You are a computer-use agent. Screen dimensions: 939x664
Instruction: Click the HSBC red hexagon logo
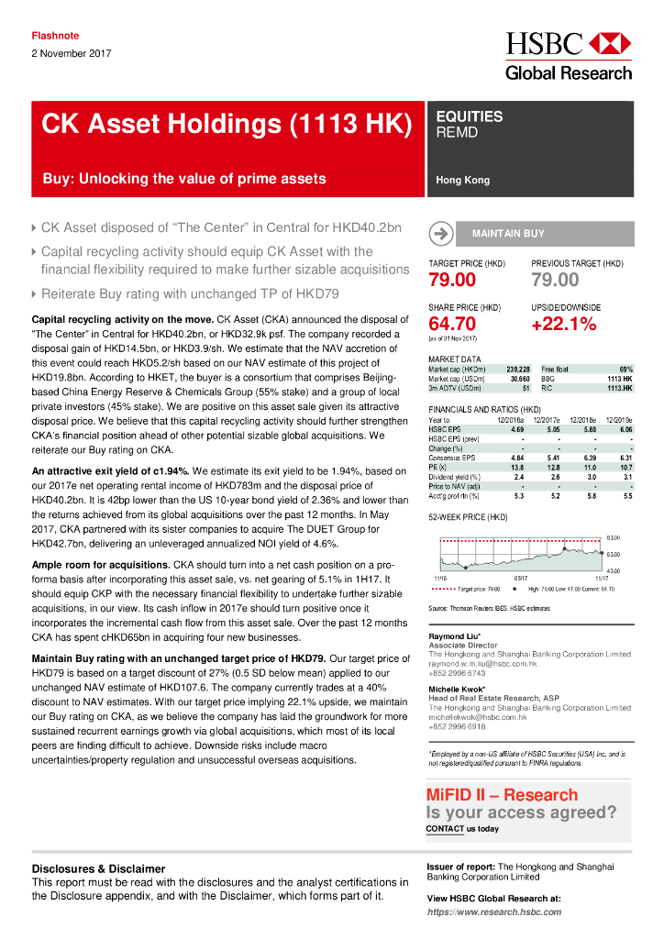[x=609, y=44]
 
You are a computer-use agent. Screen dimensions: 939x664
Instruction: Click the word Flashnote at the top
[x=55, y=36]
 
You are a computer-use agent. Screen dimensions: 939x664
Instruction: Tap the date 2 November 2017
[x=72, y=53]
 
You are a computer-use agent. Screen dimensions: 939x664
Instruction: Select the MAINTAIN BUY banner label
[x=508, y=234]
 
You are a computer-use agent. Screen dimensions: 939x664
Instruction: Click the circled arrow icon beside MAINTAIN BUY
[x=441, y=234]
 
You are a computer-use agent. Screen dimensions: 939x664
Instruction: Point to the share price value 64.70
[x=452, y=324]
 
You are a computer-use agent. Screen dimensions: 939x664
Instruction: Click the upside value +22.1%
[x=563, y=324]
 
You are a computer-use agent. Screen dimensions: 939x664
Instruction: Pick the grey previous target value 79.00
[x=555, y=280]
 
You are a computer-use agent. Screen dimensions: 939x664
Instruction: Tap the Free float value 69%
[x=625, y=369]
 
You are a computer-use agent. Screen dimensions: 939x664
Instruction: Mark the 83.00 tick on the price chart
[x=614, y=537]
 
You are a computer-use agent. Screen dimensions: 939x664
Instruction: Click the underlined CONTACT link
[x=445, y=829]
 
